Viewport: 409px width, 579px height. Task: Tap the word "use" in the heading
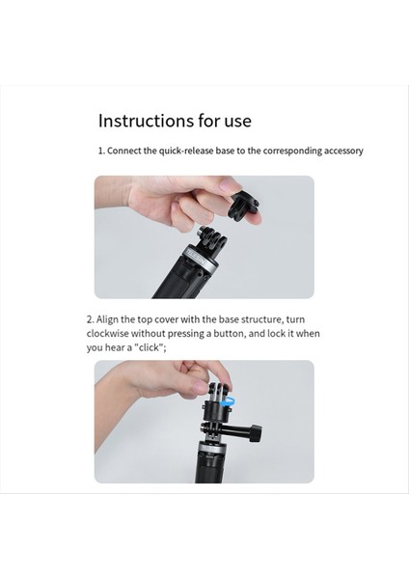235,121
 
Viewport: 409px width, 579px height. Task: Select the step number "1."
100,152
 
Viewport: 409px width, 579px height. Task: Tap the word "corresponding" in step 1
281,152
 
